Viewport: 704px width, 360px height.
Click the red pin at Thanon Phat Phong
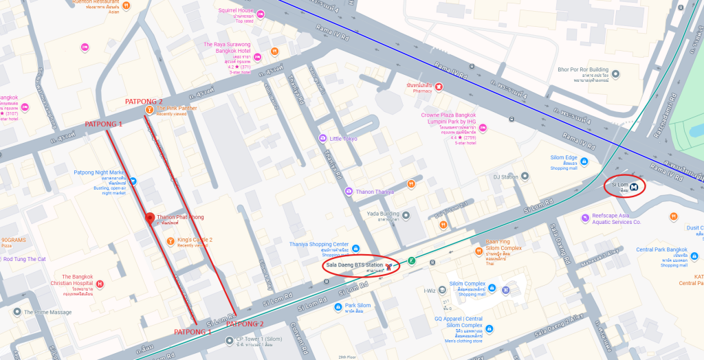coord(149,218)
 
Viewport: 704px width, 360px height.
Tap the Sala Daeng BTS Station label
coord(355,265)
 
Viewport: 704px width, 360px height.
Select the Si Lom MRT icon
coord(634,185)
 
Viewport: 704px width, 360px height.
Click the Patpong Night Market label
coord(100,172)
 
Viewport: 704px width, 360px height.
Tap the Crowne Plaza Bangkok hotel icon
coord(483,128)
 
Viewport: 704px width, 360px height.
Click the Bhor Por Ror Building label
coord(582,69)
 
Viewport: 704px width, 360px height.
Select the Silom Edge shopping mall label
coord(564,158)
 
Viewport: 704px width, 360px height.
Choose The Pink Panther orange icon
coord(149,109)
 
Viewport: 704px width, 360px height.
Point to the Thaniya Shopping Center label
coord(319,245)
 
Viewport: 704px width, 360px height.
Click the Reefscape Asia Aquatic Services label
coord(616,215)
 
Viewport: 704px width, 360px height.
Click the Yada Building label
coord(383,214)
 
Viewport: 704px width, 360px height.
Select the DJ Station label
coord(505,177)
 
